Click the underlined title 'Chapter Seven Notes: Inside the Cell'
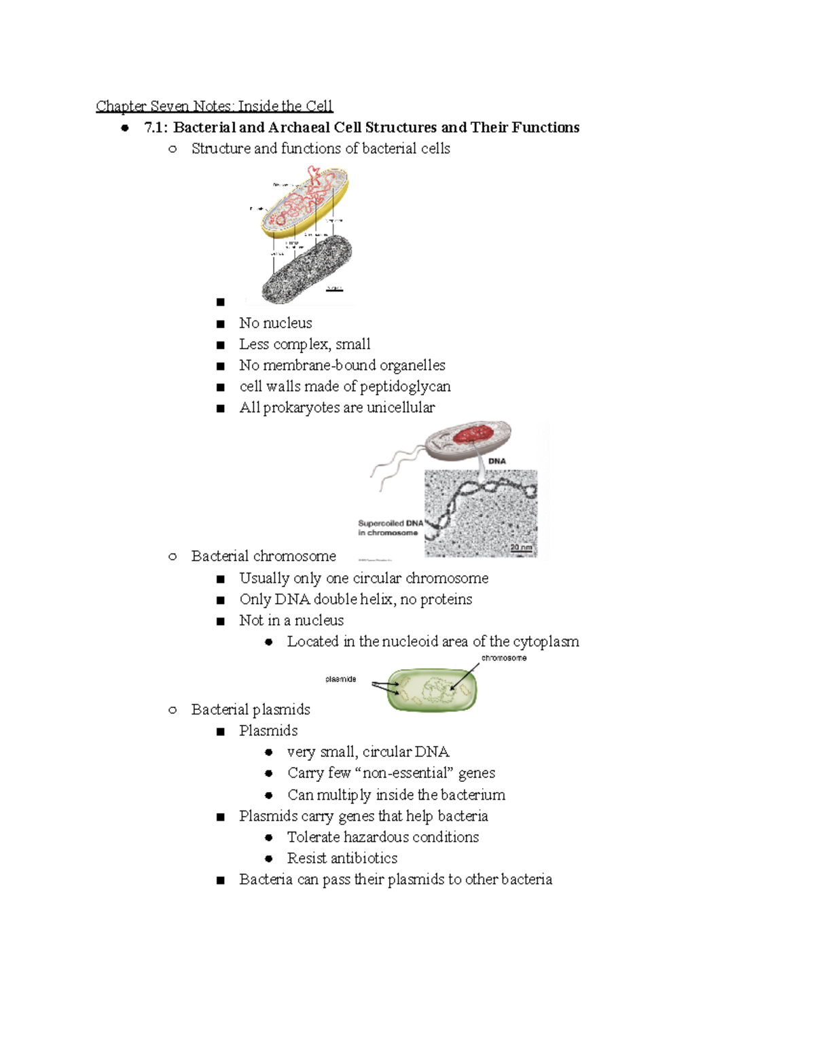click(x=214, y=106)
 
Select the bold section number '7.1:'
click(x=156, y=128)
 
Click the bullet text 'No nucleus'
click(x=275, y=323)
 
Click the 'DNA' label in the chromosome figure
click(x=497, y=461)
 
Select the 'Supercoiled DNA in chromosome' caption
click(x=390, y=528)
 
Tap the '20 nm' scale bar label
click(x=521, y=547)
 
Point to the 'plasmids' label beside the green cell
click(x=340, y=679)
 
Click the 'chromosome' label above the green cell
click(x=504, y=658)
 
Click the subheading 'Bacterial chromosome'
click(x=264, y=556)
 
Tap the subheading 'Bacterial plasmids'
click(x=251, y=710)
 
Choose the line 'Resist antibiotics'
click(x=342, y=859)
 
